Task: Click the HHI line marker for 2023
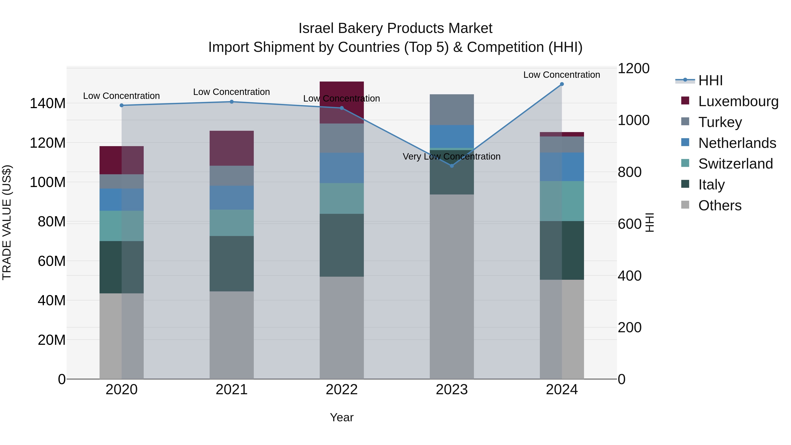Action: point(452,166)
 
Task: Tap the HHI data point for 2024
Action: point(562,84)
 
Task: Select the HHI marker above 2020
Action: point(122,105)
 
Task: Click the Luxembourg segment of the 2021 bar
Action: point(232,148)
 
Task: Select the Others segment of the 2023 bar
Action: point(452,287)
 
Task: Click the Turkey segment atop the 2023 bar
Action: point(452,110)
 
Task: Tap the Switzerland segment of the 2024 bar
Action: point(562,201)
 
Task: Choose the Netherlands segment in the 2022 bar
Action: point(341,168)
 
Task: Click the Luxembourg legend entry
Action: point(738,101)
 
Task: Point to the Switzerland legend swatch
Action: point(685,163)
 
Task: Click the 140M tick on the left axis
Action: point(48,104)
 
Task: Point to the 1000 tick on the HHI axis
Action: point(633,120)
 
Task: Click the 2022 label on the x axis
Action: point(341,390)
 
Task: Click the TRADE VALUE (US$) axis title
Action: point(7,222)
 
